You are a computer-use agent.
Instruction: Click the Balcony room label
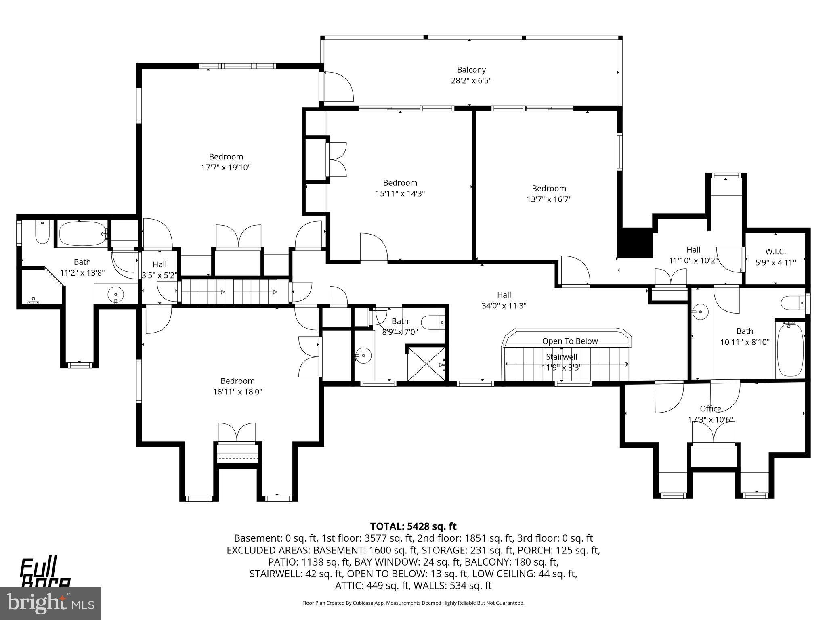tap(471, 70)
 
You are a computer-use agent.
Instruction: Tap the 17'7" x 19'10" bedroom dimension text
tap(226, 168)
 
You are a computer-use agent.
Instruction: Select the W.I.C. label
tap(775, 252)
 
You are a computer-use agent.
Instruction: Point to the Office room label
tap(710, 408)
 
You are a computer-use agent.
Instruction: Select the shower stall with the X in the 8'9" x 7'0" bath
tap(426, 364)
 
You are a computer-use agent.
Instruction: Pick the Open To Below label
tap(570, 341)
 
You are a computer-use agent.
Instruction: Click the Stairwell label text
tap(561, 357)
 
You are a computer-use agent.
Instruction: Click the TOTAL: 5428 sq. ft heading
tap(413, 526)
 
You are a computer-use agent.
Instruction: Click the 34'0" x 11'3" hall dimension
tap(504, 306)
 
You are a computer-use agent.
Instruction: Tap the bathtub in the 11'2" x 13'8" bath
tap(82, 234)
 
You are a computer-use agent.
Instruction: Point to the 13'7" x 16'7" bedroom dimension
tap(549, 199)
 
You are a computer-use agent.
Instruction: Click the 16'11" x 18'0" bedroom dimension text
tap(237, 392)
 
